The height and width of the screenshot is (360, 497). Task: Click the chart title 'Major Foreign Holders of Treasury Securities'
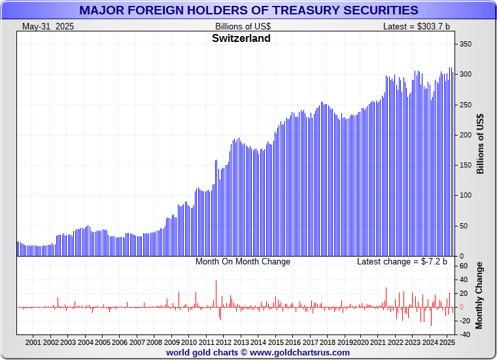pos(248,10)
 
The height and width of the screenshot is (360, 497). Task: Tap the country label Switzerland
pos(241,38)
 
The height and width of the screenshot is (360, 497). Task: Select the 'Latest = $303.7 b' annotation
pos(417,26)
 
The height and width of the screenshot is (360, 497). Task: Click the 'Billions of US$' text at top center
pos(243,26)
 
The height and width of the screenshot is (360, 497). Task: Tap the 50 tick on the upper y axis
pos(464,226)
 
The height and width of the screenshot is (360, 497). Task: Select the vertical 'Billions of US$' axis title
pos(481,143)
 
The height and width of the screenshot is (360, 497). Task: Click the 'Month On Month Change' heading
pos(243,262)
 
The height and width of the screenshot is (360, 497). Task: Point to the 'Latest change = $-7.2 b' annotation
pos(402,262)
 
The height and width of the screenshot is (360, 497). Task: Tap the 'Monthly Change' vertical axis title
pos(481,295)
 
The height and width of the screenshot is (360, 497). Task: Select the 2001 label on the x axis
pos(33,342)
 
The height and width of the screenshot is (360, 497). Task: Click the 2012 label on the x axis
pos(223,342)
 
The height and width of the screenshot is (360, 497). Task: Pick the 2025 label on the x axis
pos(448,342)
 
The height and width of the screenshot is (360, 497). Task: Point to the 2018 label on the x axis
pos(327,342)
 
